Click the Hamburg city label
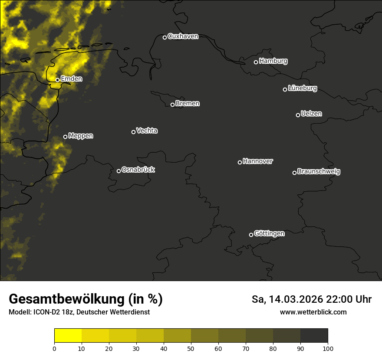[x=273, y=61]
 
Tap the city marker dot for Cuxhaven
[x=165, y=37]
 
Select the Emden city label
[x=71, y=79]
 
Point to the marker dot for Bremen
[x=172, y=105]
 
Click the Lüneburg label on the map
[x=302, y=88]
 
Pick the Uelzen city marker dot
[x=298, y=115]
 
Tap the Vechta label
[x=147, y=131]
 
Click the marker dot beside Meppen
[x=65, y=137]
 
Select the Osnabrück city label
[x=138, y=170]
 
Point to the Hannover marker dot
[x=240, y=162]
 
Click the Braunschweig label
[x=319, y=171]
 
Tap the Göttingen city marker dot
[x=251, y=235]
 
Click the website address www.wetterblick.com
[x=313, y=312]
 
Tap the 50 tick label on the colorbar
[x=191, y=348]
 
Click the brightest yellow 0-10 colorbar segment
[x=68, y=336]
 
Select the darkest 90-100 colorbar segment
[x=314, y=336]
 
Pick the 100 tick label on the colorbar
[x=328, y=348]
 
